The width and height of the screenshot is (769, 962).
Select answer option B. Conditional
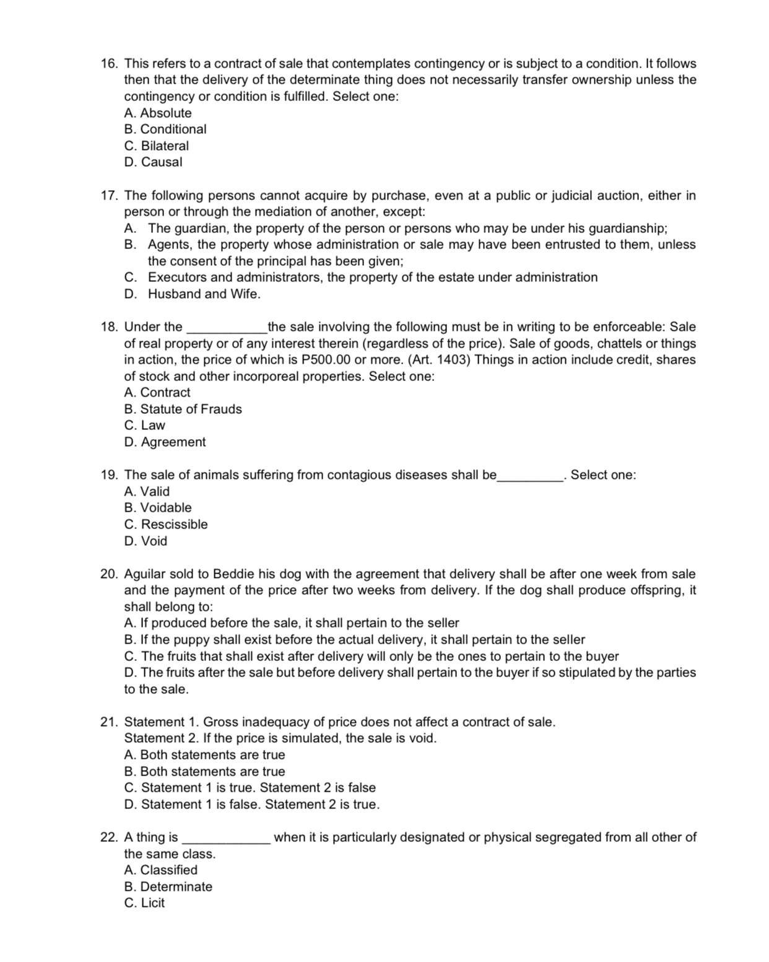tap(165, 129)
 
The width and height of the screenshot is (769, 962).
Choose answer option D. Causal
tap(153, 162)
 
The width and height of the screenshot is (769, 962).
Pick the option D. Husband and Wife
tap(192, 294)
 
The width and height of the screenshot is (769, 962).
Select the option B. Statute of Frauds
tap(183, 409)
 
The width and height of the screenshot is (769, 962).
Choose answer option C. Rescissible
tap(166, 525)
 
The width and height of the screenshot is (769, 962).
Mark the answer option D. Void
tap(146, 541)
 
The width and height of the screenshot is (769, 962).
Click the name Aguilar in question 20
tap(146, 574)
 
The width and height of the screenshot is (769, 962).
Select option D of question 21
tap(251, 805)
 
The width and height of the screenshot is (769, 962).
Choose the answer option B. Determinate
tap(168, 887)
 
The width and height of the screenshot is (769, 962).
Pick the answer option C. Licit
tap(144, 903)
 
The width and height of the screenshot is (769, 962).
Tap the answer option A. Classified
tap(160, 870)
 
